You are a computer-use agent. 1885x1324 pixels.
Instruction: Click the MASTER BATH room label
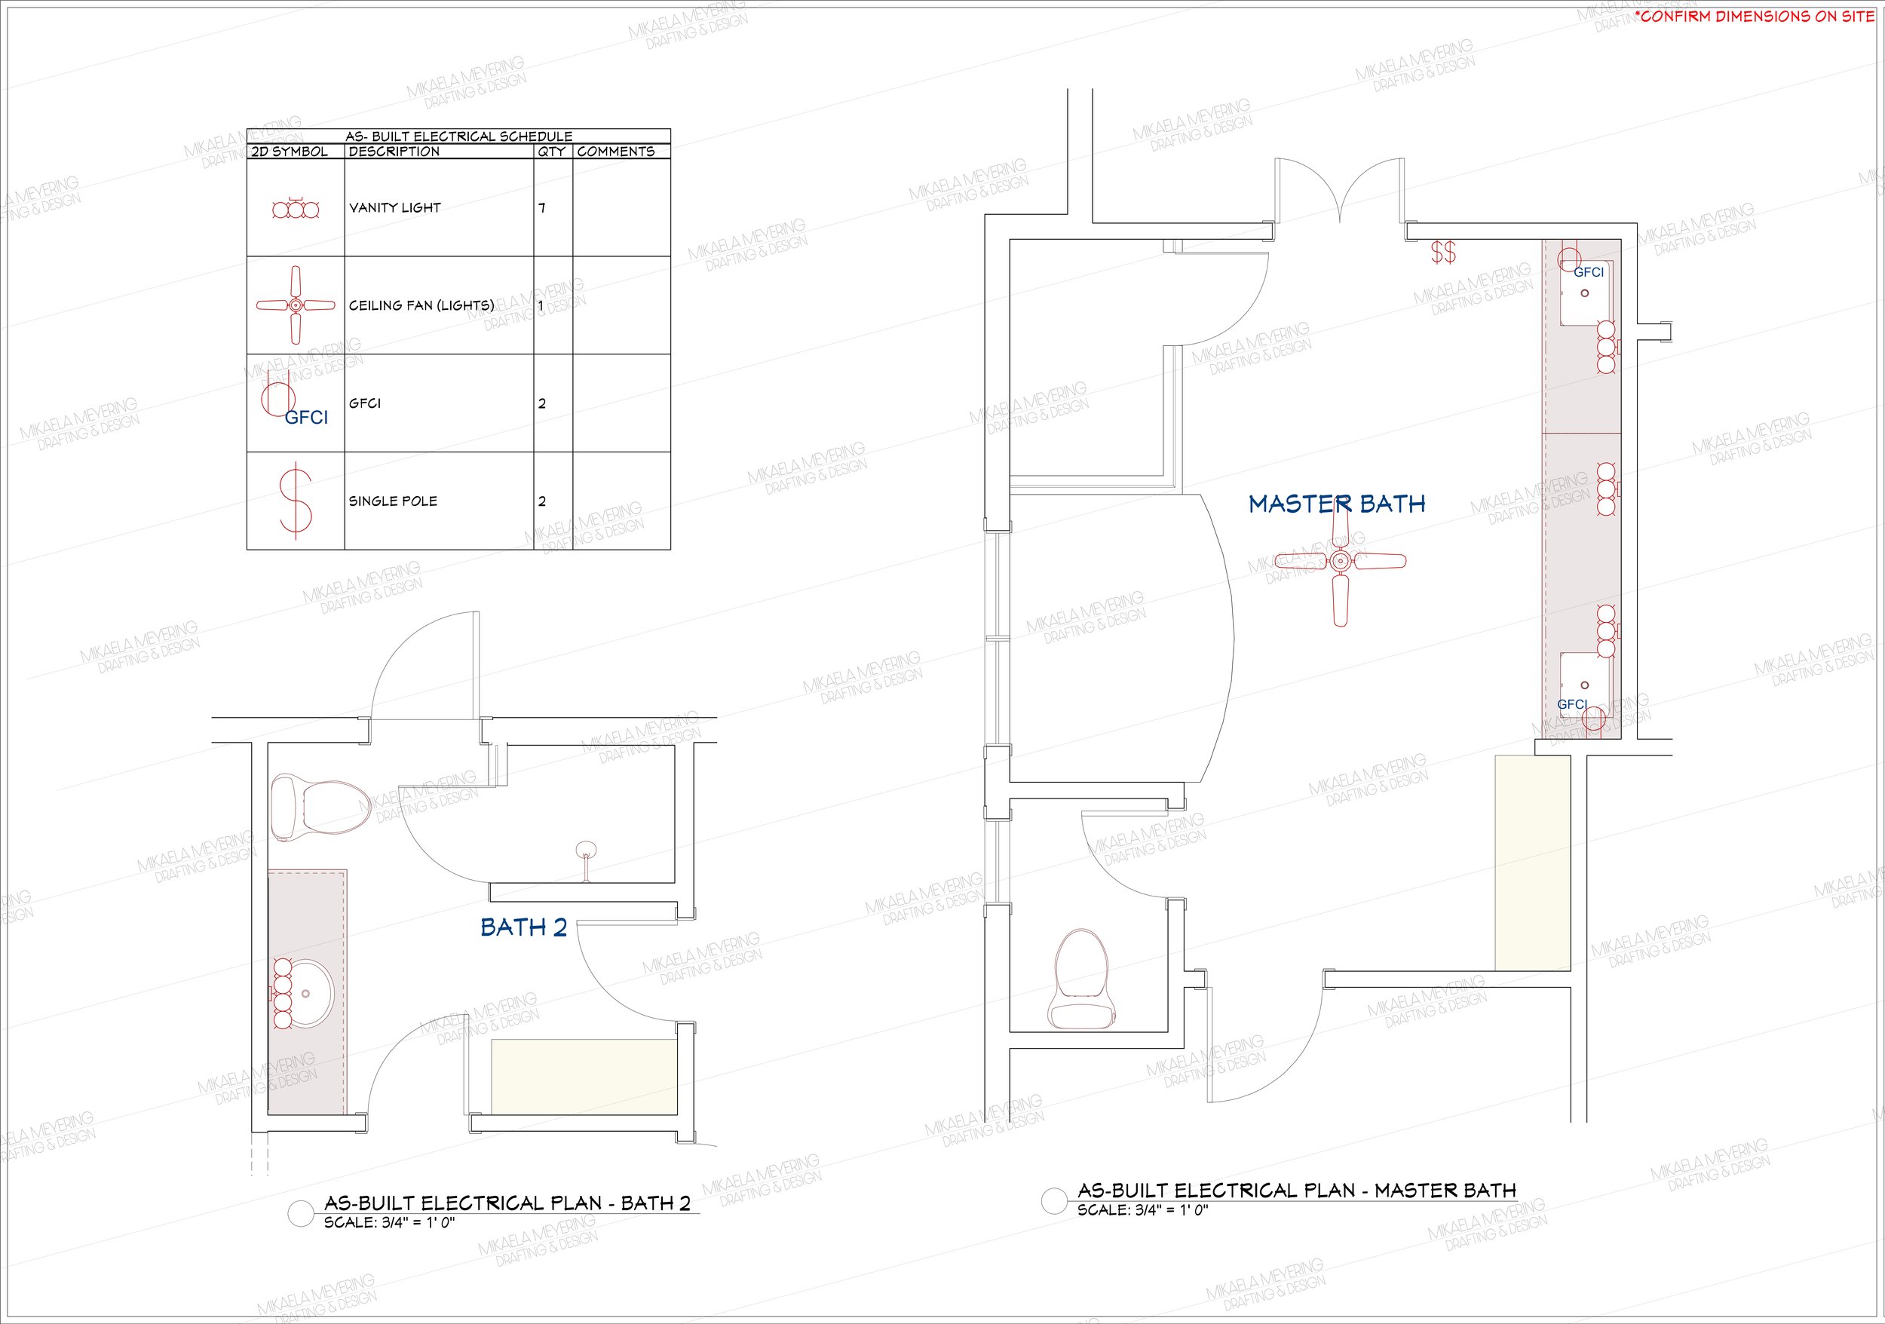(x=1337, y=504)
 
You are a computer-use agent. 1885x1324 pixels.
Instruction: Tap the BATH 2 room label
(x=524, y=927)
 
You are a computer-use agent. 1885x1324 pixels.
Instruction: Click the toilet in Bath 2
(x=320, y=808)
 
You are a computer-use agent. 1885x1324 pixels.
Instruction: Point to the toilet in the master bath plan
(x=1083, y=979)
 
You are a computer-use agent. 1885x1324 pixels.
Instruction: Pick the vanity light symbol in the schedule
(x=296, y=210)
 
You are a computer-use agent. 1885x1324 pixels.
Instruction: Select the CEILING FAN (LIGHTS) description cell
(x=422, y=305)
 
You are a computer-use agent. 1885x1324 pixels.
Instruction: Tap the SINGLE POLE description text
(x=394, y=501)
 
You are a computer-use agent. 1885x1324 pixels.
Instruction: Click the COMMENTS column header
(x=616, y=152)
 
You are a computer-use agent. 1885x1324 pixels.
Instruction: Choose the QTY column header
(x=552, y=152)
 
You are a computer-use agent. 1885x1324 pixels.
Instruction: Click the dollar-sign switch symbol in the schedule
(x=296, y=500)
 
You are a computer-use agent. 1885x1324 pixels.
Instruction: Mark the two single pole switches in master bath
(x=1443, y=252)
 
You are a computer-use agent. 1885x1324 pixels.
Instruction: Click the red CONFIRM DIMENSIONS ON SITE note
(x=1755, y=17)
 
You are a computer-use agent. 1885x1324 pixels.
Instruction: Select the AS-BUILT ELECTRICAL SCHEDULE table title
(x=459, y=136)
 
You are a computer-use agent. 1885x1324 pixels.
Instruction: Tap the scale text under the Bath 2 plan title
(x=389, y=1223)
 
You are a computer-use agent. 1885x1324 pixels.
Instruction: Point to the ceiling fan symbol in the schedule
(x=296, y=305)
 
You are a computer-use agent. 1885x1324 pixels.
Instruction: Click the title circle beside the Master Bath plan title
(x=1054, y=1201)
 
